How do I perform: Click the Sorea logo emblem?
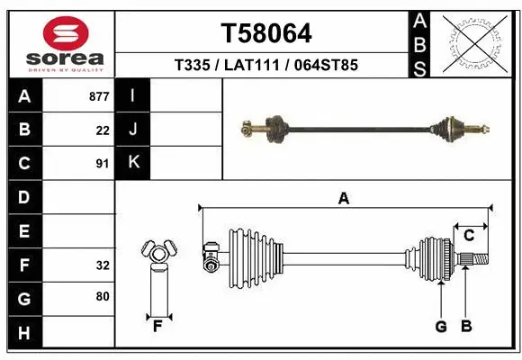(x=66, y=35)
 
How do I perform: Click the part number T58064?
(x=266, y=34)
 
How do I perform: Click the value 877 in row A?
(x=99, y=96)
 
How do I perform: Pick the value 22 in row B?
(x=103, y=130)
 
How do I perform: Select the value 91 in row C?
(x=103, y=164)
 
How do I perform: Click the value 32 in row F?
(x=103, y=265)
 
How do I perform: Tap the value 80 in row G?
(x=103, y=296)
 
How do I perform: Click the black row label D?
(x=24, y=197)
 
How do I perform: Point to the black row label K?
(x=133, y=163)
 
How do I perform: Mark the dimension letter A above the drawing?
(x=343, y=200)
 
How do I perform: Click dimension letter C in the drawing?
(x=469, y=236)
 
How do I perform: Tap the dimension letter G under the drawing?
(x=441, y=327)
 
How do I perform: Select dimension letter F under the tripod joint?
(x=157, y=325)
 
